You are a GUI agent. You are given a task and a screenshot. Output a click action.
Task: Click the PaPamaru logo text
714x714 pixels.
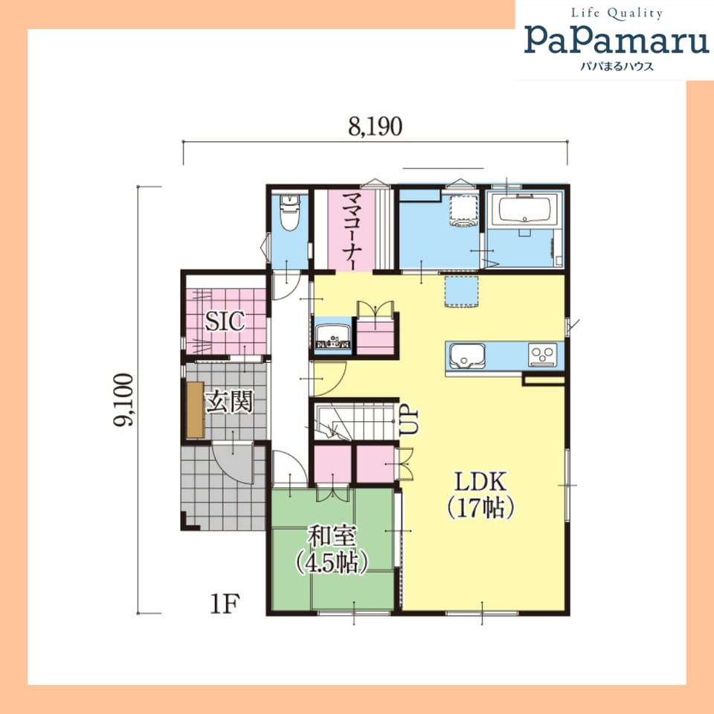click(x=617, y=39)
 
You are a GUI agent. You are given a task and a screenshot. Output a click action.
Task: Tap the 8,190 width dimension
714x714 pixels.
click(x=375, y=127)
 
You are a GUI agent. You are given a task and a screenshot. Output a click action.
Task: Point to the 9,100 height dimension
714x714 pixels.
click(x=123, y=399)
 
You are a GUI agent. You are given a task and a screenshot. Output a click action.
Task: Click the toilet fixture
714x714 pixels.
click(x=288, y=212)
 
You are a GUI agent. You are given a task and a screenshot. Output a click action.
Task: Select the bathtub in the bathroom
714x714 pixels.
click(x=525, y=209)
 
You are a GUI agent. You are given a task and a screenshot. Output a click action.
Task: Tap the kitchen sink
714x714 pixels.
click(x=467, y=356)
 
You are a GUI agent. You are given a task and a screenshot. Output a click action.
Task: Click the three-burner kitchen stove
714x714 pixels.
click(x=543, y=356)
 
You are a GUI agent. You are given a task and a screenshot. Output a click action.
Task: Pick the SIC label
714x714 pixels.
click(x=225, y=321)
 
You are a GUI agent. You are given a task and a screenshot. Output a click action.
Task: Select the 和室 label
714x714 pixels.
click(x=332, y=536)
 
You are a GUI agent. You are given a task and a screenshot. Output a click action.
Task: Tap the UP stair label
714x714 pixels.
click(x=409, y=419)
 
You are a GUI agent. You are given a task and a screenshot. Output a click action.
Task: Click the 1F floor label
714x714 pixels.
click(x=225, y=604)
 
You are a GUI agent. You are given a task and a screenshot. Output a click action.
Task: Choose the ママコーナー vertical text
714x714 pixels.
click(x=350, y=231)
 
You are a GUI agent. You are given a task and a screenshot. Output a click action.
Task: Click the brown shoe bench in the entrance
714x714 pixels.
click(x=196, y=410)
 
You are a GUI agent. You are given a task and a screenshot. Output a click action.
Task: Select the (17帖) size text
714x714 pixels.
click(x=481, y=508)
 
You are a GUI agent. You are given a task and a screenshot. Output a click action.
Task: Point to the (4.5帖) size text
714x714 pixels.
click(x=332, y=562)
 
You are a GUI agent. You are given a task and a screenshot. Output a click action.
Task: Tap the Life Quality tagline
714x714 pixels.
click(x=617, y=13)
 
